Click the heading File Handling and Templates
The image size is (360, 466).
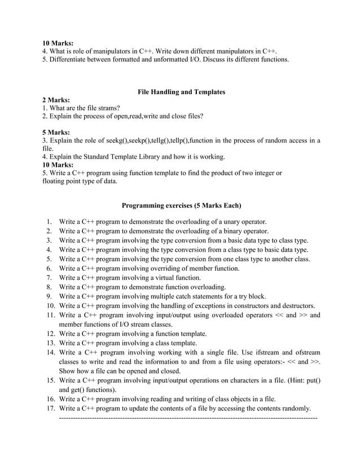click(x=181, y=91)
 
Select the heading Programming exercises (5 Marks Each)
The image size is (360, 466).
click(x=181, y=205)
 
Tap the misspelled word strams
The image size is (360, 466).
click(x=109, y=108)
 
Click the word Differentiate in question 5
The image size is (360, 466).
click(x=69, y=59)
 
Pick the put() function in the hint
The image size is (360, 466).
click(x=311, y=380)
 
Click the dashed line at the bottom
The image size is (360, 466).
click(x=188, y=417)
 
